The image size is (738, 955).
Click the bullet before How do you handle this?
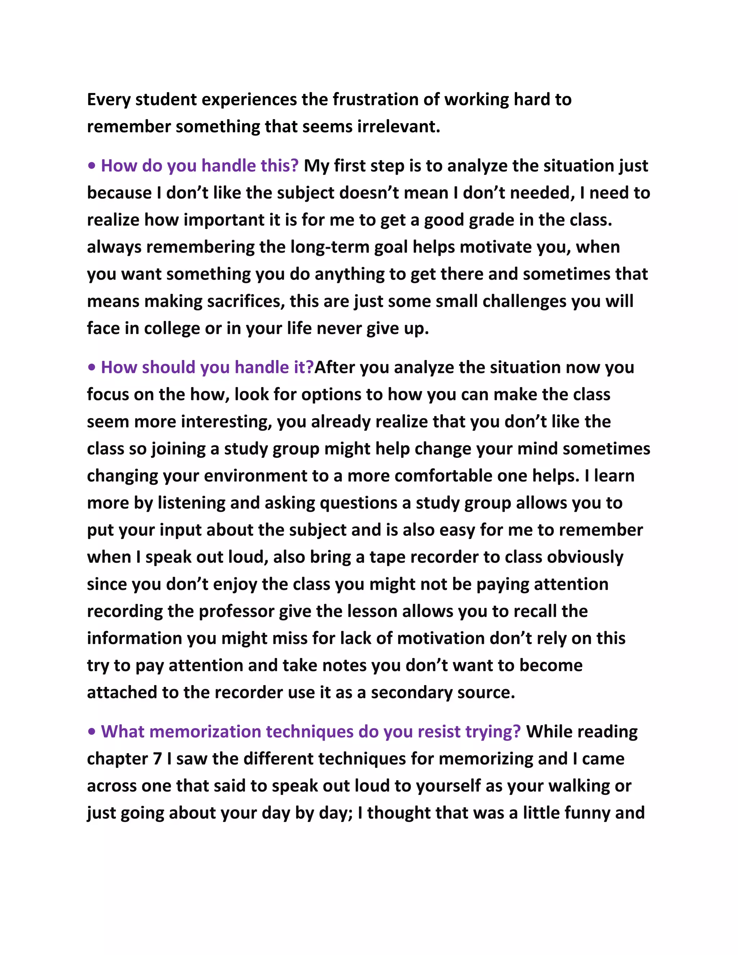[x=92, y=166]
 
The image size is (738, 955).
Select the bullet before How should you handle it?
[x=92, y=368]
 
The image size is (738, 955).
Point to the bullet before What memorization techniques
[x=92, y=732]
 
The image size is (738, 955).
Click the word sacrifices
[x=246, y=301]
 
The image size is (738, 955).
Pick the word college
[x=172, y=328]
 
